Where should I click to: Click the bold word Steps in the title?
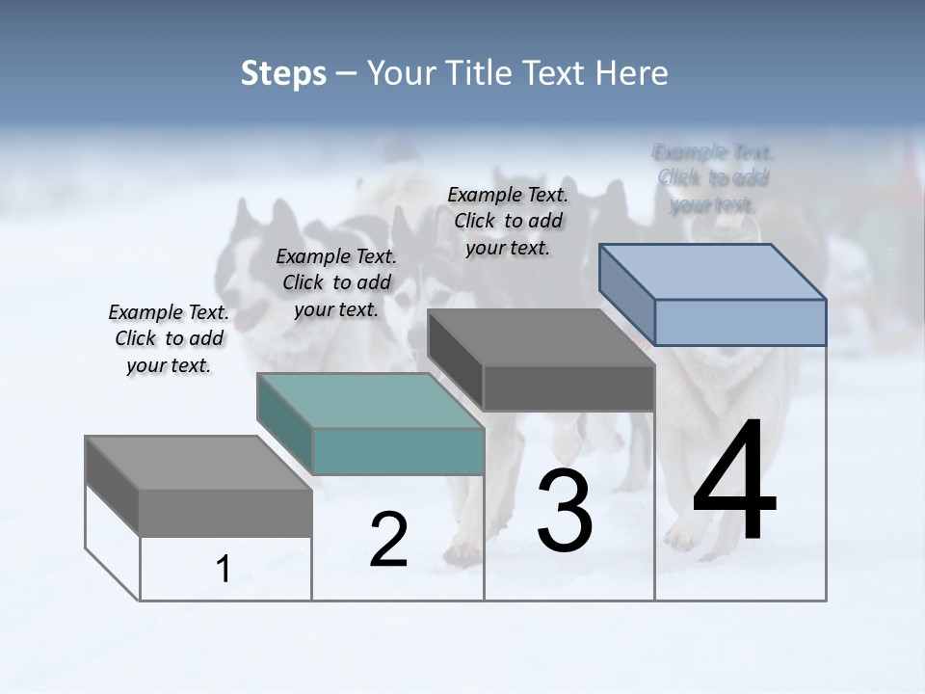click(283, 73)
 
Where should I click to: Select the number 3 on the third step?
click(565, 511)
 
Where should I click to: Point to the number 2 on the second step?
click(388, 540)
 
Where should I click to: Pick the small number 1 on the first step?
click(224, 570)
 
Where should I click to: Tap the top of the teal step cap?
click(370, 401)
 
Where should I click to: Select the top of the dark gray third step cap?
click(542, 337)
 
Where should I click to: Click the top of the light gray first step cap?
click(198, 464)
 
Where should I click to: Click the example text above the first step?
click(169, 338)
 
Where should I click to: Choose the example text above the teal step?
click(336, 282)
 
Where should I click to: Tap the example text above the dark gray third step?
click(508, 221)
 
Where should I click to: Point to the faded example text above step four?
click(713, 178)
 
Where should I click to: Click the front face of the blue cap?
click(740, 322)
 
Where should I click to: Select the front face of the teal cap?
click(398, 451)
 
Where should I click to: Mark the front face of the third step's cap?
click(568, 388)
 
